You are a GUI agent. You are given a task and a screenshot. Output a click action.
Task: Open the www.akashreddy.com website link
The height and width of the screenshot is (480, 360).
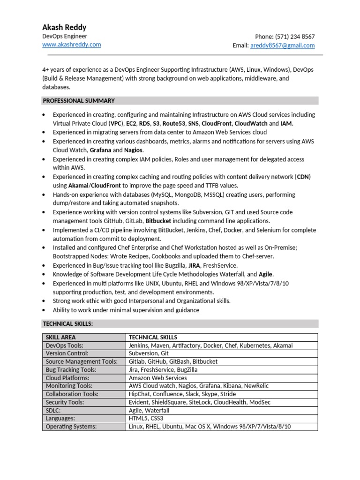click(71, 45)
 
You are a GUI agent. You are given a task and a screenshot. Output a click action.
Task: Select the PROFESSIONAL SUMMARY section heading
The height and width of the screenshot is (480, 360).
click(79, 101)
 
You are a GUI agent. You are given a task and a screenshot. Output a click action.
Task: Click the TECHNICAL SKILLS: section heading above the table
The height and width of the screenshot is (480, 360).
click(68, 324)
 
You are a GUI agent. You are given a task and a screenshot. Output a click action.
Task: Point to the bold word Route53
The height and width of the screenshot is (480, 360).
click(173, 124)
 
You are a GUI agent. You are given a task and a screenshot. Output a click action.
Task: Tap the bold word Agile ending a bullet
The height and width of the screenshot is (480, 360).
click(266, 275)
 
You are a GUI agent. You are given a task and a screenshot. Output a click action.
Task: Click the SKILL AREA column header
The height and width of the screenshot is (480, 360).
click(60, 337)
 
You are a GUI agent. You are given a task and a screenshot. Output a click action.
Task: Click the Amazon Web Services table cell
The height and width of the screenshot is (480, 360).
click(157, 378)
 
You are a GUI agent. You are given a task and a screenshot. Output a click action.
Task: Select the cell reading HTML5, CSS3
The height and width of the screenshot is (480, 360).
click(146, 418)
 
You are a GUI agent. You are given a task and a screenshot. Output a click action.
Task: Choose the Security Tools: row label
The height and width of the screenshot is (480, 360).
click(65, 402)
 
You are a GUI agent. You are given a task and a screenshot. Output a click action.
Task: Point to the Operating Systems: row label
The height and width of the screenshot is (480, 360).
click(71, 427)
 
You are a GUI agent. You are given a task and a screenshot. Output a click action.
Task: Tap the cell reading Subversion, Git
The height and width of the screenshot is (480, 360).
click(149, 353)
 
